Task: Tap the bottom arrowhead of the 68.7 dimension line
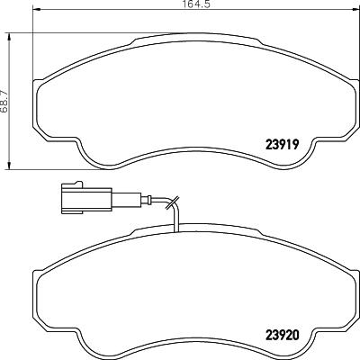coord(11,165)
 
